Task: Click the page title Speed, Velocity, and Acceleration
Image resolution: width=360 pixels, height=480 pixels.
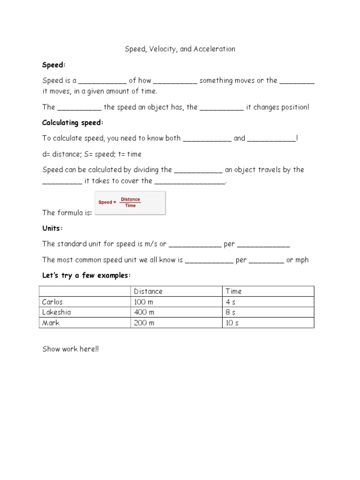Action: tap(180, 49)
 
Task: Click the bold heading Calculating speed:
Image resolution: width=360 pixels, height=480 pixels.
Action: tap(72, 123)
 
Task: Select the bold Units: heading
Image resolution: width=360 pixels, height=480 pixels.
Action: tap(52, 228)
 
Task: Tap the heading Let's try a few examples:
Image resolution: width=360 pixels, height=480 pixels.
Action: tap(87, 275)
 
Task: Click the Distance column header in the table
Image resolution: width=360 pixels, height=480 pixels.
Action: tap(148, 291)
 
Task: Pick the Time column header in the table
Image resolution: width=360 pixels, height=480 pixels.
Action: tap(234, 291)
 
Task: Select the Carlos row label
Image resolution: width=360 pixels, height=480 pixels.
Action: tap(52, 302)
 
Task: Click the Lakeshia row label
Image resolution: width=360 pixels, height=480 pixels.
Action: tap(57, 312)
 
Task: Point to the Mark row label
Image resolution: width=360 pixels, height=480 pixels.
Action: tap(50, 323)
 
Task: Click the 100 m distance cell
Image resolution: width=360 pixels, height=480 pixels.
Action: tap(144, 302)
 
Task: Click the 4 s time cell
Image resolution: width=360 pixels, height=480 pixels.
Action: tap(231, 302)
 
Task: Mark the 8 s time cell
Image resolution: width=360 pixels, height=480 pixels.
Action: tap(231, 312)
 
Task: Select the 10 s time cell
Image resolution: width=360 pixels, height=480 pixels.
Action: tap(232, 323)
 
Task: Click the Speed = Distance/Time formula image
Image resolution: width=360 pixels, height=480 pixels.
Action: tap(130, 202)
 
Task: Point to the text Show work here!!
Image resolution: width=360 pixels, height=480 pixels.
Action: tap(71, 349)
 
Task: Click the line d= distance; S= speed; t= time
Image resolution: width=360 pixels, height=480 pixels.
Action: tap(92, 154)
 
